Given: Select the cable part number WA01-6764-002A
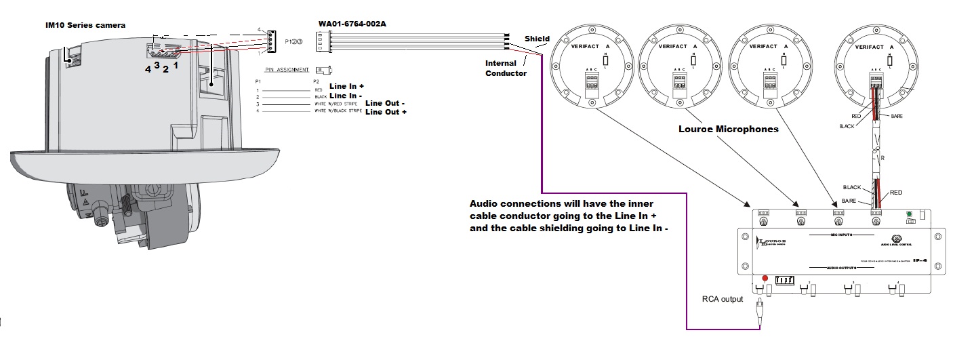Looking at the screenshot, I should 357,24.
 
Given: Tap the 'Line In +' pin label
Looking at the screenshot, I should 347,87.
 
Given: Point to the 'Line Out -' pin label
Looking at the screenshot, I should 385,104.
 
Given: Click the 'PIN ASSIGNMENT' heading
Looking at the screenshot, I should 287,70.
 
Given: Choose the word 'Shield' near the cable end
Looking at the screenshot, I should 537,39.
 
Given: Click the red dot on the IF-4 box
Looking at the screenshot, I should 765,278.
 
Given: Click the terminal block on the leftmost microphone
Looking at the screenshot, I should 594,83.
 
